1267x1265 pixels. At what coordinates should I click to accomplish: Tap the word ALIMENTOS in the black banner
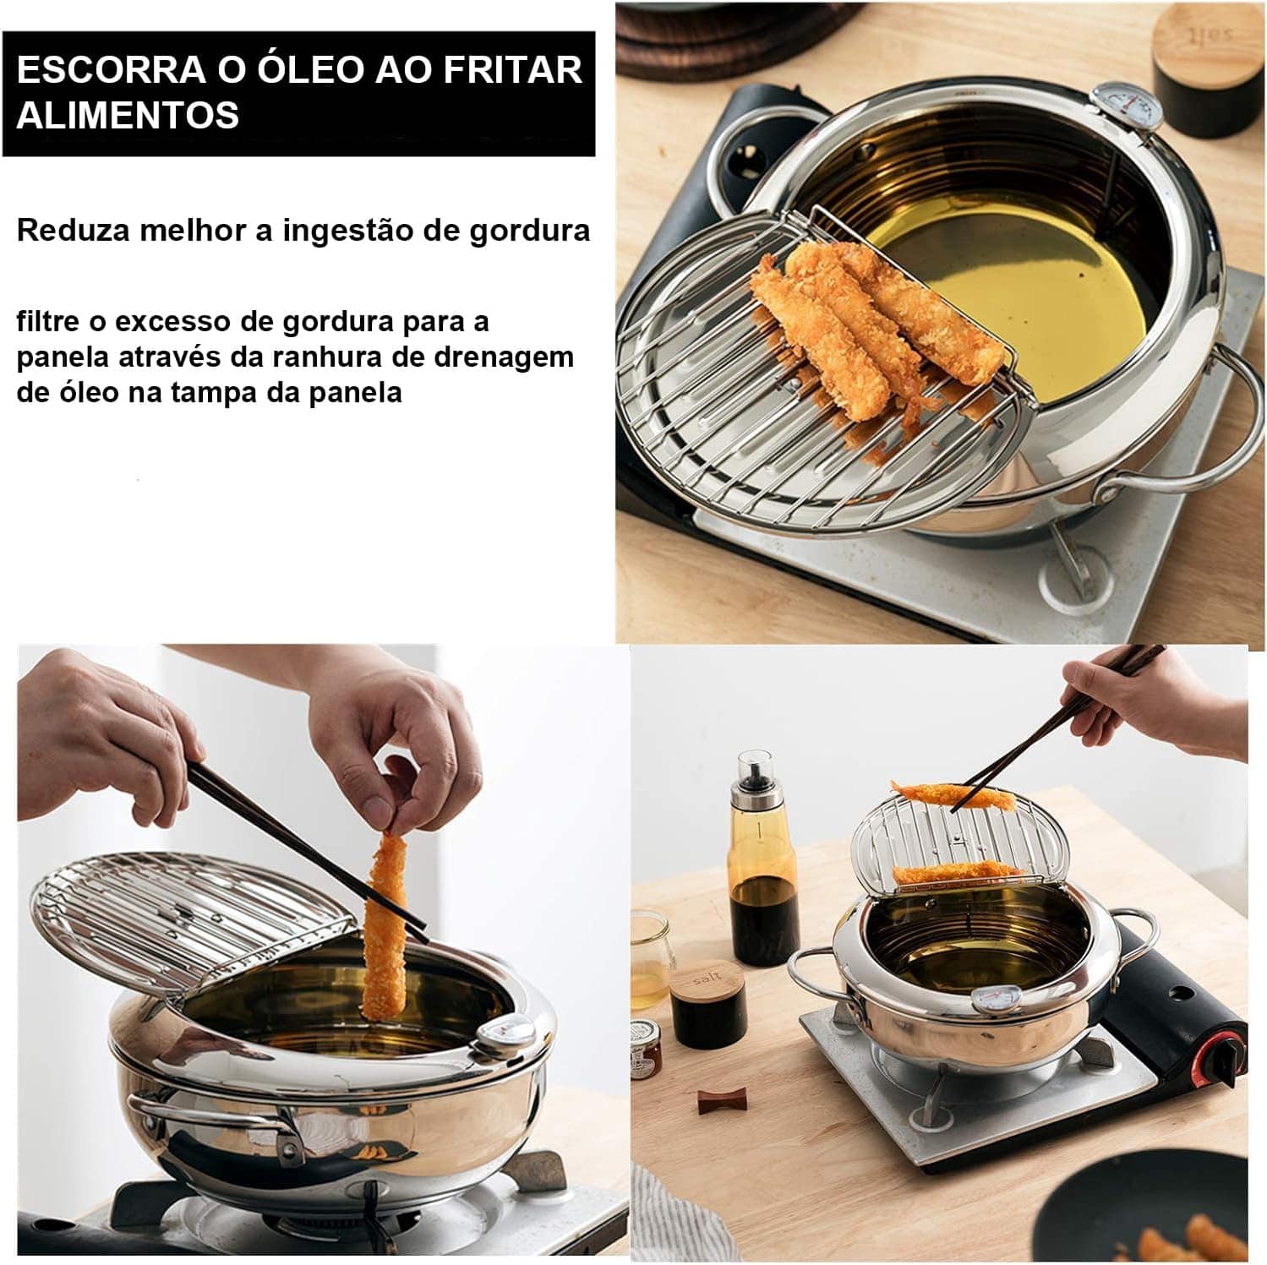click(128, 115)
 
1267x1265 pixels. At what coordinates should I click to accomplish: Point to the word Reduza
click(72, 230)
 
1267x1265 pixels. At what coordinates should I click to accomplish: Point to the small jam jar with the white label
click(647, 1049)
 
